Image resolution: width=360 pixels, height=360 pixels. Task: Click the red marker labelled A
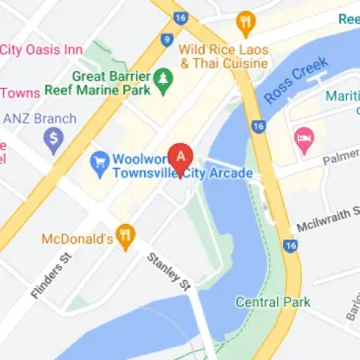[x=180, y=156]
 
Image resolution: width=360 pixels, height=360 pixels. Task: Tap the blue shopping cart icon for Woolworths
[x=99, y=159]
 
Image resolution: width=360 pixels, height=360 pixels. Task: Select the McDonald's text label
[x=75, y=238]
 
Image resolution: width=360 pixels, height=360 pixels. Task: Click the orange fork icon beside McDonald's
[x=124, y=236]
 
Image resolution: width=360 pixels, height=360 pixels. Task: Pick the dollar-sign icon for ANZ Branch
[x=53, y=140]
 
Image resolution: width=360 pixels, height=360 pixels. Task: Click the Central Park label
[x=273, y=301]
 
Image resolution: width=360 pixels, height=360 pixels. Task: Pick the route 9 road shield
[x=168, y=40]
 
